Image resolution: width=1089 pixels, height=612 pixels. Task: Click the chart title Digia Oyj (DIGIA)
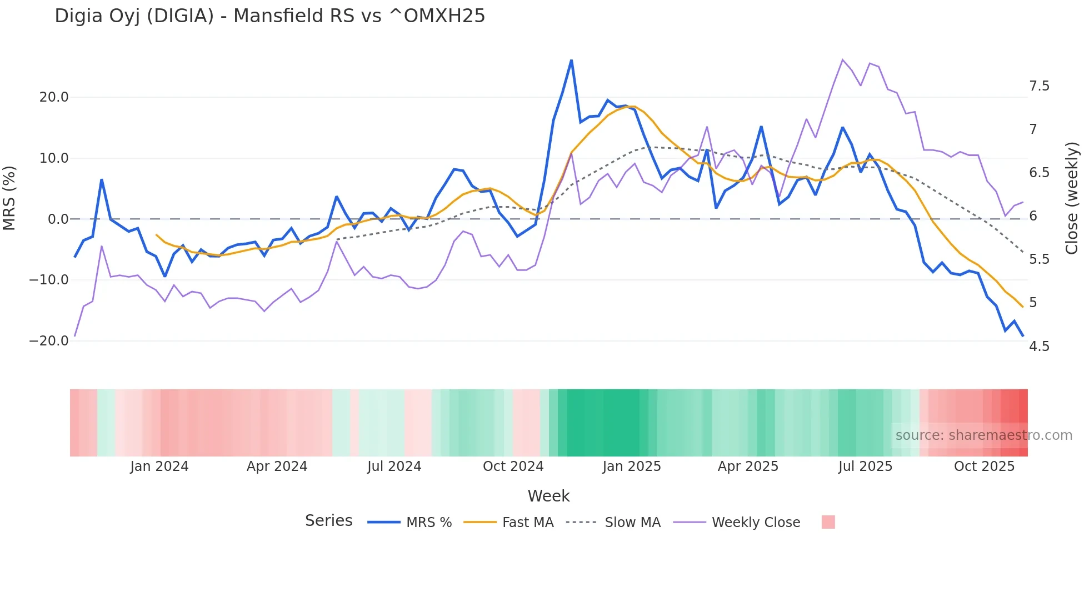click(269, 16)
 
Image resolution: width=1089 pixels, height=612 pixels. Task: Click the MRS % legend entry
click(428, 523)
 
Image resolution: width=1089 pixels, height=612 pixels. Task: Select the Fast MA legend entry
click(527, 523)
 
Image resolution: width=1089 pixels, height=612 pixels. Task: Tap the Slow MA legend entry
click(632, 523)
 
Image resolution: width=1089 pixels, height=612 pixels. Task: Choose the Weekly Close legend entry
click(756, 523)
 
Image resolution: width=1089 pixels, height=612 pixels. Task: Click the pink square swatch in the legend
click(828, 522)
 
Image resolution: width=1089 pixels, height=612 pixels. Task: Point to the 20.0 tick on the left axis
click(54, 97)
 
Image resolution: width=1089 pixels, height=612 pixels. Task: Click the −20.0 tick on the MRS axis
click(49, 341)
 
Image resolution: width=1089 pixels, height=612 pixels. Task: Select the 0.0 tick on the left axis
click(58, 219)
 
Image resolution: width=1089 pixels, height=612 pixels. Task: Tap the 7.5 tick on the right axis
click(1039, 86)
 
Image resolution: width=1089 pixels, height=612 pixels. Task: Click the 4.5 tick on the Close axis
click(1039, 347)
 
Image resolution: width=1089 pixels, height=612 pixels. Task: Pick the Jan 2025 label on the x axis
click(632, 466)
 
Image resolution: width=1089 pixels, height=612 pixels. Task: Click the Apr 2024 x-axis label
click(277, 466)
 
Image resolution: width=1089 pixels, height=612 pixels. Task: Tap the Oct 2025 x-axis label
click(984, 466)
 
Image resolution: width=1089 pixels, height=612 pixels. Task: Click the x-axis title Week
click(548, 496)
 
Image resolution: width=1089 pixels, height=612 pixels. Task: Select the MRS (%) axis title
click(9, 198)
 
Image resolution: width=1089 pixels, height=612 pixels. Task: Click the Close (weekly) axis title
click(1072, 198)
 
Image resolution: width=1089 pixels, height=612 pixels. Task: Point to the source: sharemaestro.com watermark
click(983, 435)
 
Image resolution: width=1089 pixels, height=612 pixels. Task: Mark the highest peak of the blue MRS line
click(571, 61)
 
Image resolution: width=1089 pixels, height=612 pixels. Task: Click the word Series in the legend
click(328, 521)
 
